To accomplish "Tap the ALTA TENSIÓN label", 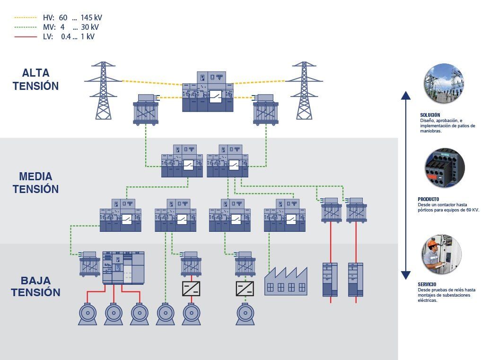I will [x=35, y=79].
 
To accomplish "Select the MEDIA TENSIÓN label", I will [x=35, y=183].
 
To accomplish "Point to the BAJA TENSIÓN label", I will [x=35, y=286].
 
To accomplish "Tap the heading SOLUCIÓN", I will [x=430, y=115].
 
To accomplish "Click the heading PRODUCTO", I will [x=429, y=199].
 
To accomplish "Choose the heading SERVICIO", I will [x=427, y=284].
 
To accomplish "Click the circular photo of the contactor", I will [x=444, y=168].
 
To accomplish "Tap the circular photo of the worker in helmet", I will [x=441, y=254].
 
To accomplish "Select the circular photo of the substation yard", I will [x=443, y=83].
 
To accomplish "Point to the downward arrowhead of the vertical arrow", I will [x=405, y=275].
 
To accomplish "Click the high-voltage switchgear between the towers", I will [x=208, y=92].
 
